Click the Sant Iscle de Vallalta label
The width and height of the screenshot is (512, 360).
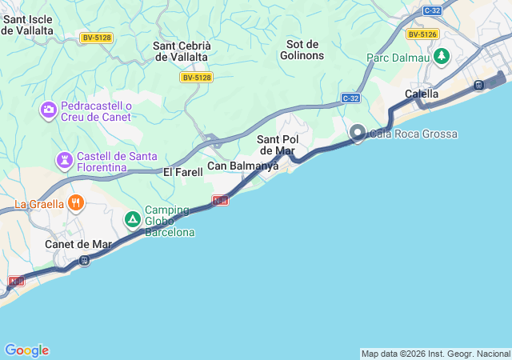click(x=27, y=24)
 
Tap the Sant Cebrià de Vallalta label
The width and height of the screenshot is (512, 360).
click(x=181, y=51)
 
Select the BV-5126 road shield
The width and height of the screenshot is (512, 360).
click(x=422, y=34)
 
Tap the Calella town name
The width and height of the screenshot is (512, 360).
click(x=422, y=94)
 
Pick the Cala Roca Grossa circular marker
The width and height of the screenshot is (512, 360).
click(x=358, y=133)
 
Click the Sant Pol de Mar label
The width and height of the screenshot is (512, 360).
click(x=276, y=145)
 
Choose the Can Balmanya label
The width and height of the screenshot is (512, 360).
click(x=242, y=166)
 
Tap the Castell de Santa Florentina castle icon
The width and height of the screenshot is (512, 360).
click(x=64, y=162)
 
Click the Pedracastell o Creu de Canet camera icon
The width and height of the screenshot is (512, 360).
click(x=48, y=108)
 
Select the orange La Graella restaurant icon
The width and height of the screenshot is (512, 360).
click(x=76, y=202)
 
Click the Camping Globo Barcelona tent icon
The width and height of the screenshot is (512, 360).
click(x=132, y=218)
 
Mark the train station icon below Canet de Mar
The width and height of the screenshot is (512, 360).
click(x=84, y=261)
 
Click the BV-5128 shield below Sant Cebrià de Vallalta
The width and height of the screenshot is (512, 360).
click(x=196, y=78)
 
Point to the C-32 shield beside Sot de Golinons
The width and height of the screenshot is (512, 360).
click(x=350, y=98)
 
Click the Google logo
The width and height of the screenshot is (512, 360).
click(x=26, y=350)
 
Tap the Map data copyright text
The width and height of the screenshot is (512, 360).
click(x=434, y=354)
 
